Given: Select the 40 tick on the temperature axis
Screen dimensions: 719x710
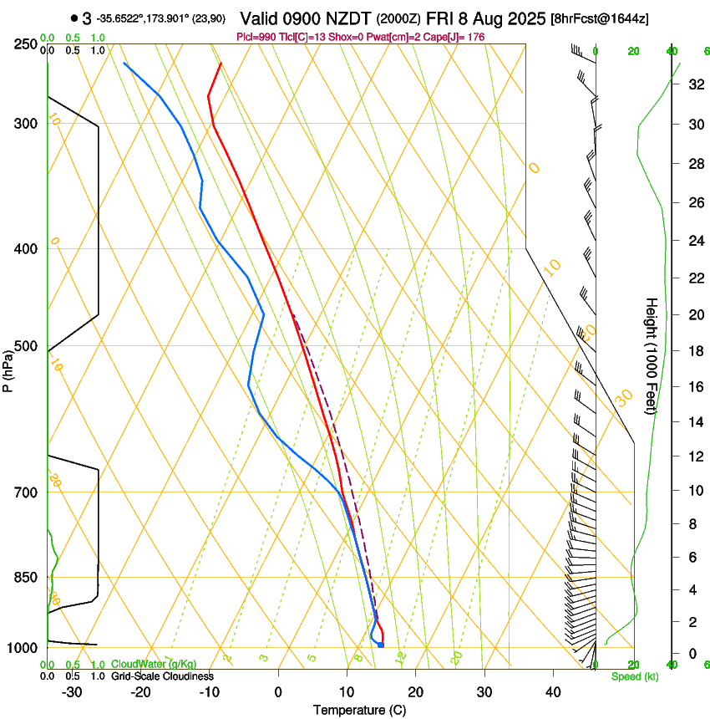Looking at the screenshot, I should [553, 692].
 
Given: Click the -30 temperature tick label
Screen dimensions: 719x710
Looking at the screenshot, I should [72, 692].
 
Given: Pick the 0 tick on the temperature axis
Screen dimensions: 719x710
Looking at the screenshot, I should [278, 692].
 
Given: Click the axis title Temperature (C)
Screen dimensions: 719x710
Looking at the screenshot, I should [359, 710].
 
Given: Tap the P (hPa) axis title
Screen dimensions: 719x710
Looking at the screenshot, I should [8, 369].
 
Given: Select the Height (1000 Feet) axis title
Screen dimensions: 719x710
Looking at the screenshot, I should [652, 355].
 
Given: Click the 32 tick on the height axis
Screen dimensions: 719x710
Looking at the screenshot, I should [694, 84].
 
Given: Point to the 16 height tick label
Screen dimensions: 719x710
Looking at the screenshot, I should [694, 386].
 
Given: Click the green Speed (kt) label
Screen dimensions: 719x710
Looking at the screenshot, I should [634, 676].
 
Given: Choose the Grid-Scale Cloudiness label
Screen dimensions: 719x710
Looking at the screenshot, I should [162, 676].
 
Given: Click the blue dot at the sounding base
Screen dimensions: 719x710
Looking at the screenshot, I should [380, 645].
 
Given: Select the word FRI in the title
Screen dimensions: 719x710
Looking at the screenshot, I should [441, 18].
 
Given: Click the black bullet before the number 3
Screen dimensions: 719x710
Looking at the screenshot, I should [74, 18].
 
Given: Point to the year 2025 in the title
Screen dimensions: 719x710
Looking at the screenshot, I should [525, 18].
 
